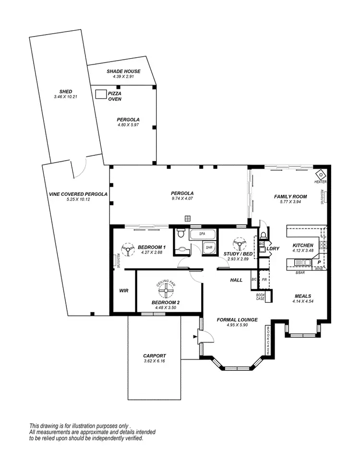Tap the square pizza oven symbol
pyautogui.click(x=101, y=94)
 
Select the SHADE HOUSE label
pyautogui.click(x=123, y=71)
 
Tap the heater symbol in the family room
pyautogui.click(x=320, y=175)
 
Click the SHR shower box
pyautogui.click(x=209, y=247)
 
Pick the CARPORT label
pyautogui.click(x=154, y=356)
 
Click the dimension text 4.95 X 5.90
pyautogui.click(x=237, y=325)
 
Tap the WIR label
pyautogui.click(x=123, y=291)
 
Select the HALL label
pyautogui.click(x=237, y=280)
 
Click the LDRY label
pyautogui.click(x=273, y=248)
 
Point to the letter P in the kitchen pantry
pyautogui.click(x=319, y=263)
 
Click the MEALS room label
pyautogui.click(x=303, y=296)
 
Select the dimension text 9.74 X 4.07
pyautogui.click(x=182, y=199)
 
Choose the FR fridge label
pyautogui.click(x=264, y=280)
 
